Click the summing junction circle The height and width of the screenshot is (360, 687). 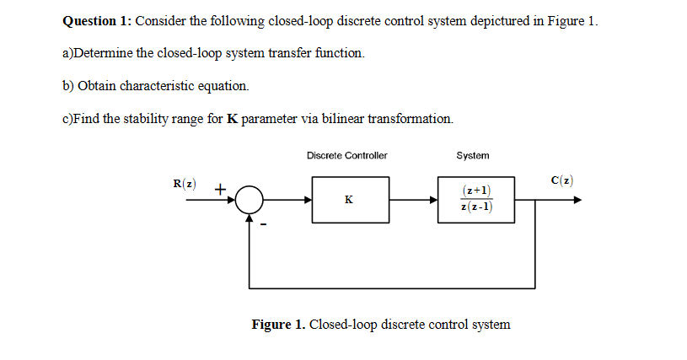point(250,201)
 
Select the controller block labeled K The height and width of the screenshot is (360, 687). point(350,201)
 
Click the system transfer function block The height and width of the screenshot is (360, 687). point(476,200)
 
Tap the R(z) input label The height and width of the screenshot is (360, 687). point(184,183)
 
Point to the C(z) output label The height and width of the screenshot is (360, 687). point(562,180)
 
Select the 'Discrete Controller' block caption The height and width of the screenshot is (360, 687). point(347,156)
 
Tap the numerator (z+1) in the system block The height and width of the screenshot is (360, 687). point(477,191)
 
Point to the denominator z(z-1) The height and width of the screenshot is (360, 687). point(477,207)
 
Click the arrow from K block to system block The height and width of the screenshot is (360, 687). point(413,201)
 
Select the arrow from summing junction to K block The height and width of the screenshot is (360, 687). point(287,201)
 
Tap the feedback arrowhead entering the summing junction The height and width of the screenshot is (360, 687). point(250,218)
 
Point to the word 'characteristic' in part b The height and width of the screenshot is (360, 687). point(159,86)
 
